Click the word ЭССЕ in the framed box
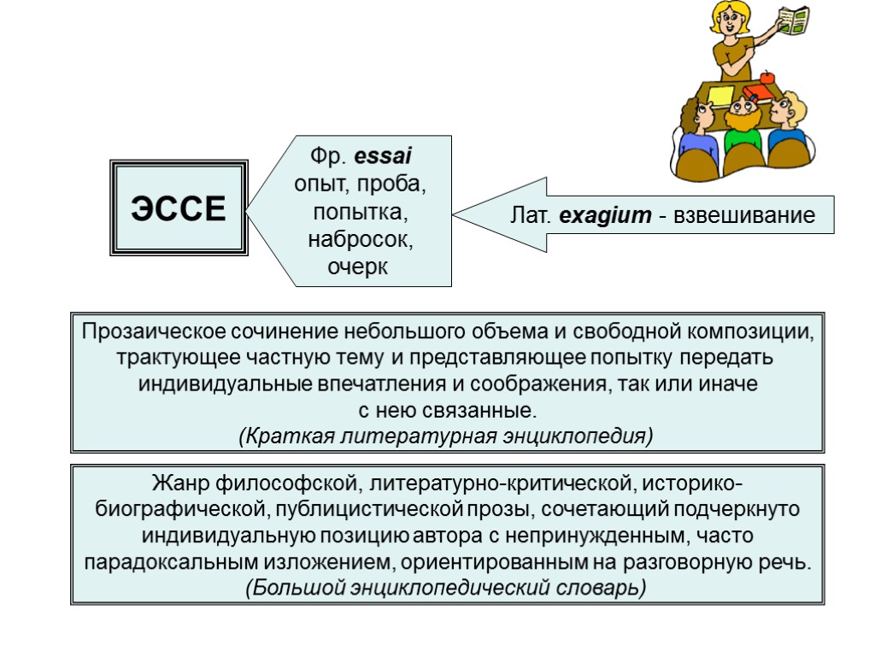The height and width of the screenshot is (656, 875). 179,208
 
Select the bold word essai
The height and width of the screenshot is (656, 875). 382,157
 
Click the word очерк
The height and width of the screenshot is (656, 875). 357,268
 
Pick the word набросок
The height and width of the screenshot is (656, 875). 361,240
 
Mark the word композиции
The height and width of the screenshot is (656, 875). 751,331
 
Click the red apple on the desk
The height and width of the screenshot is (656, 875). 766,77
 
